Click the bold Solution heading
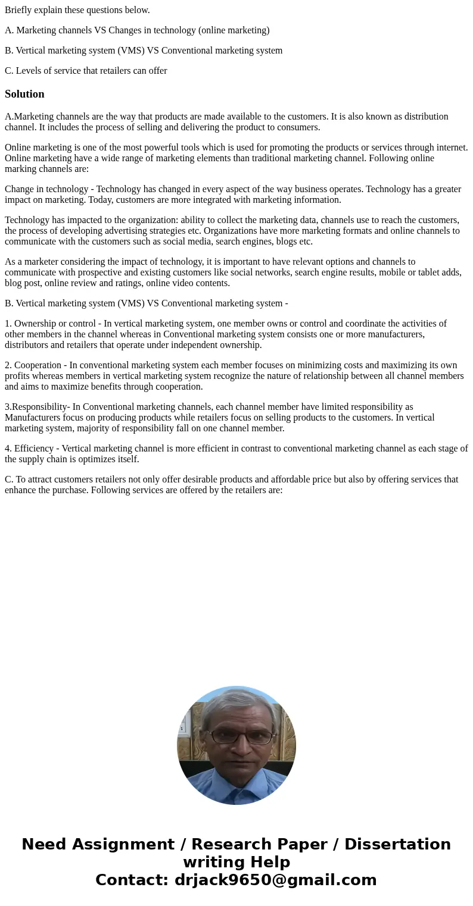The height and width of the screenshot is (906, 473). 24,94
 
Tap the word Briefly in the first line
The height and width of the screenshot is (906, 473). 18,10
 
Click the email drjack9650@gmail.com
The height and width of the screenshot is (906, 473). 275,880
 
